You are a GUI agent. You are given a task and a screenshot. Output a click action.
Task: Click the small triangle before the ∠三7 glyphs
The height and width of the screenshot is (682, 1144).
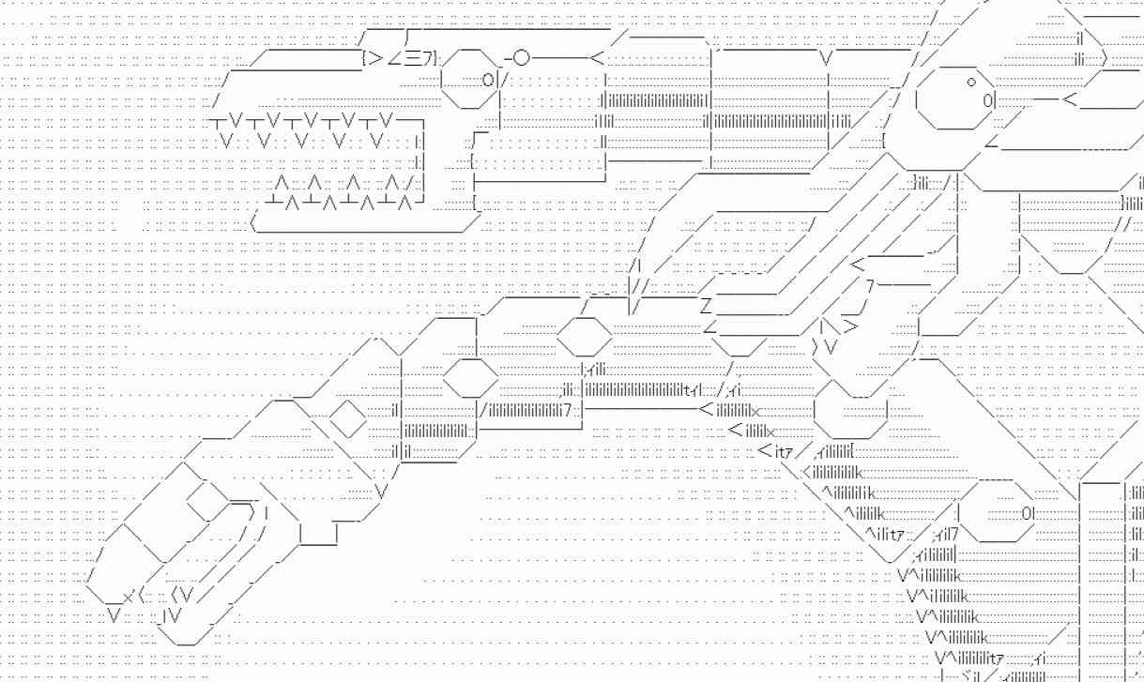[x=375, y=58]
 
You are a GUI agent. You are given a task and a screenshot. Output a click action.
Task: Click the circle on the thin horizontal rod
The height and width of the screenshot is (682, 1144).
[x=521, y=58]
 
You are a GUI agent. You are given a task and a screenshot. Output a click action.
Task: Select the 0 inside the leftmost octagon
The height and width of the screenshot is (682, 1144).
[x=488, y=79]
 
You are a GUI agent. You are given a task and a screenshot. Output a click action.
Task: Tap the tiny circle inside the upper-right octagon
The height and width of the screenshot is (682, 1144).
[x=970, y=82]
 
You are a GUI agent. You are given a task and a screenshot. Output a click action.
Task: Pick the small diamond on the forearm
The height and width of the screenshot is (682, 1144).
[x=348, y=418]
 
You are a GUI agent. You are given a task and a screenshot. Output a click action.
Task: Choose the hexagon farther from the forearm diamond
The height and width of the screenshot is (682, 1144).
[x=584, y=333]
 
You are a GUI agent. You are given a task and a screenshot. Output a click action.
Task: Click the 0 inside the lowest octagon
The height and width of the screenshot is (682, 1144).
[x=1029, y=513]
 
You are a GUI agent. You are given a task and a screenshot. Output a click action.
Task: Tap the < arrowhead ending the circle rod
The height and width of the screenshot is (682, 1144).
[x=596, y=58]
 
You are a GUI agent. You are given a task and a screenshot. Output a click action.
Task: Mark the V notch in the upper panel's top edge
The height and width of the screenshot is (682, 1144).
[x=826, y=59]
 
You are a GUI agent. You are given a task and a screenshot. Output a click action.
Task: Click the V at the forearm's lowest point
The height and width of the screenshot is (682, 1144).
[x=383, y=490]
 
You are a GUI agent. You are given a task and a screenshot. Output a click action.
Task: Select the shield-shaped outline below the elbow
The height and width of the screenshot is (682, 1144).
[x=850, y=413]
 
